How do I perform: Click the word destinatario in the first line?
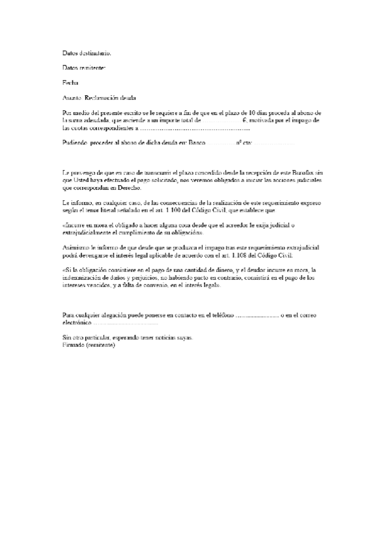[95, 52]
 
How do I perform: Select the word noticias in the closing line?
[163, 338]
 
